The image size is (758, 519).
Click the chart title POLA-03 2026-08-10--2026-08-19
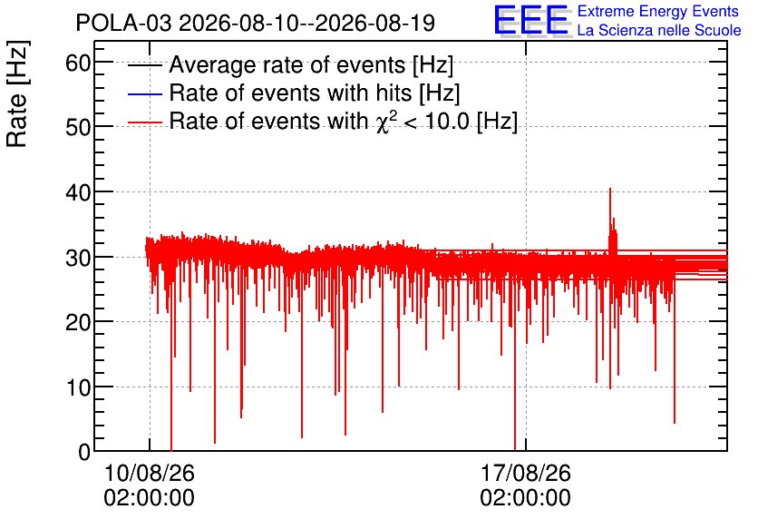tap(256, 23)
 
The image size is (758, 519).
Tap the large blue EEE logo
tap(531, 21)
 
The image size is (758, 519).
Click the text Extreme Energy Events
tap(658, 11)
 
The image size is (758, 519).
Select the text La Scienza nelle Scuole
tap(659, 31)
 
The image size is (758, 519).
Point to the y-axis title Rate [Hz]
tap(17, 93)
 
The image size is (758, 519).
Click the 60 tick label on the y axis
tap(78, 63)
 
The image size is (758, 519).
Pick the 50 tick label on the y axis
tap(78, 127)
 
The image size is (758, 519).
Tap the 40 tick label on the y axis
tap(78, 192)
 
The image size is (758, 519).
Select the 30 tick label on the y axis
tap(78, 258)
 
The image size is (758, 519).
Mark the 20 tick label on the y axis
tap(78, 322)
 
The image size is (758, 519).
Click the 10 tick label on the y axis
tap(78, 387)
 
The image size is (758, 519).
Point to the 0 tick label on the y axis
tap(84, 452)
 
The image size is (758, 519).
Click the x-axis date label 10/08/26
tap(149, 473)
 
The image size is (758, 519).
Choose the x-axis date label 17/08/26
tap(526, 473)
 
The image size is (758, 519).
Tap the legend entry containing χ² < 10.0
tap(344, 121)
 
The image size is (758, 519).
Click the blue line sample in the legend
tap(144, 93)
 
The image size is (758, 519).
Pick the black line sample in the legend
tap(144, 65)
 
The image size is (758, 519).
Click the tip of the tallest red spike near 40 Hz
tap(610, 188)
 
